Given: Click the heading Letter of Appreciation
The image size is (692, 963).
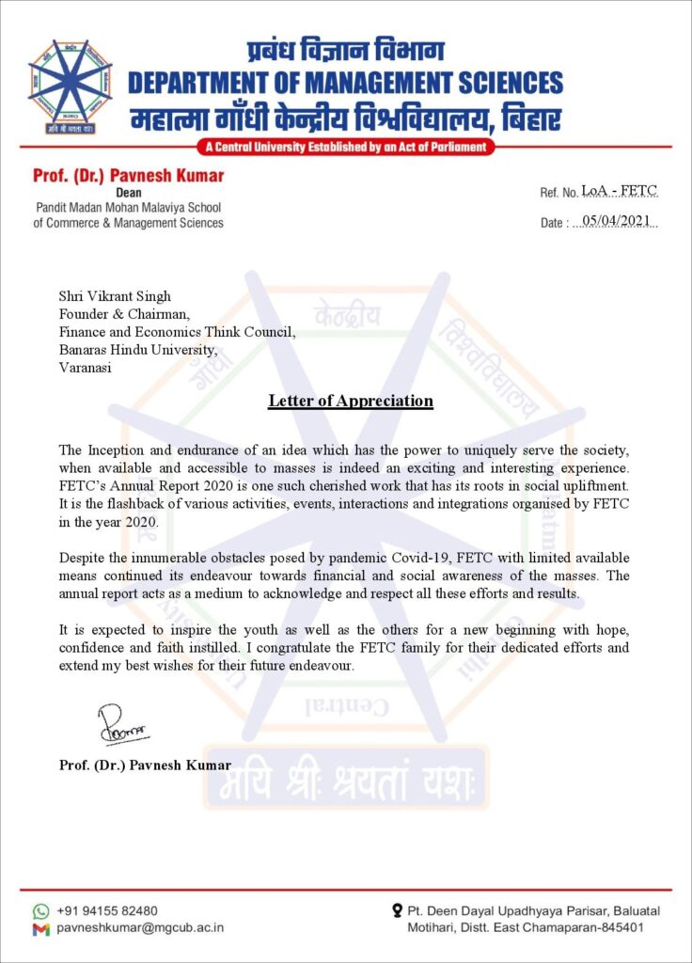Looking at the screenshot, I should click(350, 402).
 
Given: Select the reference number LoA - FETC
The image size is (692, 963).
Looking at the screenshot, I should click(620, 192).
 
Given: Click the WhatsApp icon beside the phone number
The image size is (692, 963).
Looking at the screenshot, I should click(40, 911).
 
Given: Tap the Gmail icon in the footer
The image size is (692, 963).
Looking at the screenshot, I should click(40, 929).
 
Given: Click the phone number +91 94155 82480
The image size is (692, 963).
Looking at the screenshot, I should click(107, 911).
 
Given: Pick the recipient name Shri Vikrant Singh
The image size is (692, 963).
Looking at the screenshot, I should click(115, 297).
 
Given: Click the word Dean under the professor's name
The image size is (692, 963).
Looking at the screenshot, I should click(128, 193).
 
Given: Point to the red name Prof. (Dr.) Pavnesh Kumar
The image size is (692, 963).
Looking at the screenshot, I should click(128, 176).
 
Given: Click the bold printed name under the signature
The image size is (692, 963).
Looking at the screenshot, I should click(145, 765).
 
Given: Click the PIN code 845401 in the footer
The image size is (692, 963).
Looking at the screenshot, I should click(621, 928).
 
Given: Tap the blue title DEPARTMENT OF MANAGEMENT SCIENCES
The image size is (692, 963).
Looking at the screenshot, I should click(345, 84).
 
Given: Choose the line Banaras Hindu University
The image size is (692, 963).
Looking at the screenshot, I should click(138, 350).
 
